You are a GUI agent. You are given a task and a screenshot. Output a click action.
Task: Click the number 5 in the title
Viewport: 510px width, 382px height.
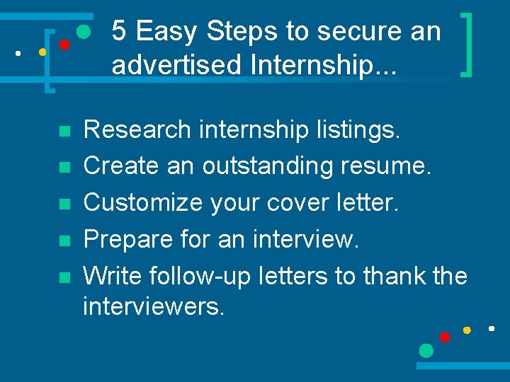120,31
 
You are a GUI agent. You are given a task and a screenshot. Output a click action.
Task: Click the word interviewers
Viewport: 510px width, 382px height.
153,306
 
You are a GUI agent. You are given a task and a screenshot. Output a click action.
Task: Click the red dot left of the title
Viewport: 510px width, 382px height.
64,45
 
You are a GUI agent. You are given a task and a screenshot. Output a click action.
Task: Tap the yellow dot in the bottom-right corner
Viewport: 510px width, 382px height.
467,330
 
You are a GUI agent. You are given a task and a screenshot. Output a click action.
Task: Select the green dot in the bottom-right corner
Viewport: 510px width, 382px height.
426,350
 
